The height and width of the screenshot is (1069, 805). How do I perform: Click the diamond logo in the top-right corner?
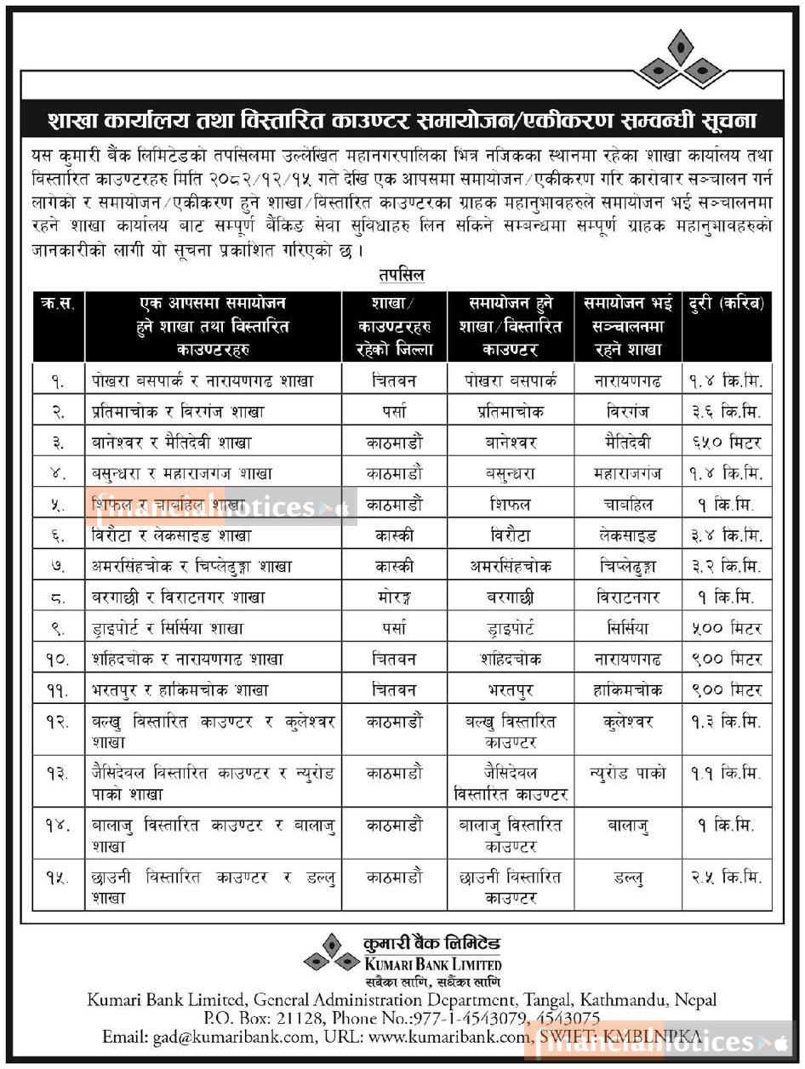point(680,60)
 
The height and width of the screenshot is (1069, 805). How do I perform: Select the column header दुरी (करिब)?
point(728,303)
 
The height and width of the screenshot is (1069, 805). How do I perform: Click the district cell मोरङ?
point(394,597)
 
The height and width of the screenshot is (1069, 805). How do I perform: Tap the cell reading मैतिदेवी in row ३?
point(629,443)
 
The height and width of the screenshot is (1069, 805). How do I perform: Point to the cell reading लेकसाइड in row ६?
point(629,536)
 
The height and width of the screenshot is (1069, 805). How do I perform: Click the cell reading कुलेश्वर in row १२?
point(629,722)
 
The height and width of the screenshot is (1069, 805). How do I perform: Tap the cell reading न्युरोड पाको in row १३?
point(629,774)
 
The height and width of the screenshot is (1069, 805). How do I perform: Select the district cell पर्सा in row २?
point(394,412)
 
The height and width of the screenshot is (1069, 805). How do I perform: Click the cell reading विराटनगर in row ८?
point(629,597)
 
